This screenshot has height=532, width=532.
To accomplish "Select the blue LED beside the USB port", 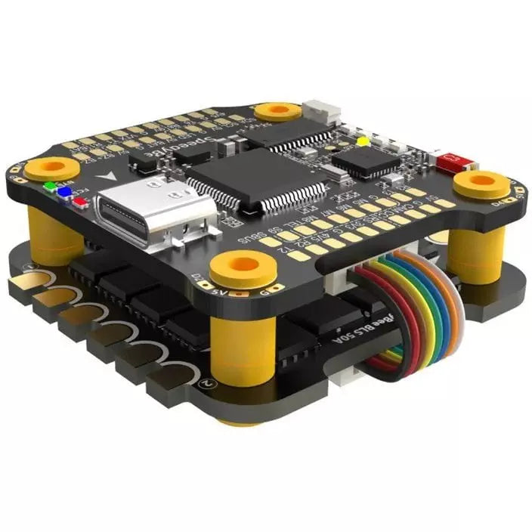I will click(x=65, y=192).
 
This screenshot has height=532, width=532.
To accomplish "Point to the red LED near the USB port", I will click(x=79, y=199).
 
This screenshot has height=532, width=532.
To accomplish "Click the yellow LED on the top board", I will click(x=363, y=141).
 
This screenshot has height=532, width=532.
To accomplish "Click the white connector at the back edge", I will click(x=322, y=113).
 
